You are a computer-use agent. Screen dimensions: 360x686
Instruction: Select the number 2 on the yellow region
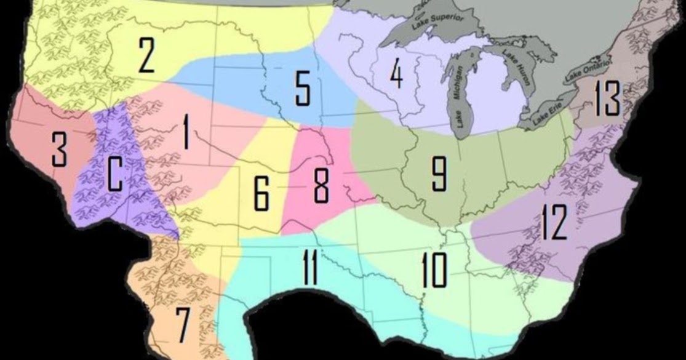click(146, 55)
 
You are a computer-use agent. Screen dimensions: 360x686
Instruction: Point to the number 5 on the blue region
click(303, 89)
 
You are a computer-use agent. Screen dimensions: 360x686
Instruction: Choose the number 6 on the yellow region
click(261, 193)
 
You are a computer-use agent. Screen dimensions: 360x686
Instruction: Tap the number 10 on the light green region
click(434, 270)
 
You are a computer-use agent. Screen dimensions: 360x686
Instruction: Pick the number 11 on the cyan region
click(310, 269)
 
